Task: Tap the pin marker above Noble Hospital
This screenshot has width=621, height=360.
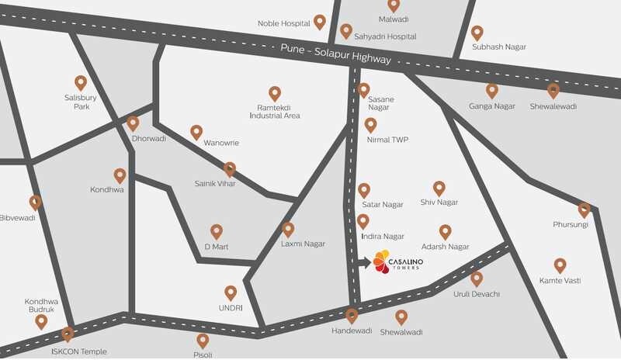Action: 319,22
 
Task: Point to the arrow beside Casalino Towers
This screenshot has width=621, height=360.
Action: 365,262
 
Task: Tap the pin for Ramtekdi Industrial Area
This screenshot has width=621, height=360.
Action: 274,94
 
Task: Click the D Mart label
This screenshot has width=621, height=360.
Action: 217,247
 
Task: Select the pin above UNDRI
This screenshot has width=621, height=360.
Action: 231,292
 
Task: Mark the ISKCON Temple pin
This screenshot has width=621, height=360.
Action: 68,334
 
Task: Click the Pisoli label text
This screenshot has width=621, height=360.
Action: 203,355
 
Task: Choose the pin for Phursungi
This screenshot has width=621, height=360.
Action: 584,210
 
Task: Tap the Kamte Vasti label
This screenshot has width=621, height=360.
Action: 560,280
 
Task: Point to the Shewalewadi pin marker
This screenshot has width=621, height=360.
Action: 553,91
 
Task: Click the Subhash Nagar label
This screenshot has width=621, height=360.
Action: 499,47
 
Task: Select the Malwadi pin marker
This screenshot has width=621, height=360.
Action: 394,5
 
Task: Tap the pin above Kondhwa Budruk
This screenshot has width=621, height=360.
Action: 41,321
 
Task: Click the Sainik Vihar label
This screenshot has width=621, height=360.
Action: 214,184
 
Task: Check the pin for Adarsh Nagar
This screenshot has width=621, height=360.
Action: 445,231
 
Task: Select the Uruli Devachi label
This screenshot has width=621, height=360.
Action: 477,294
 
